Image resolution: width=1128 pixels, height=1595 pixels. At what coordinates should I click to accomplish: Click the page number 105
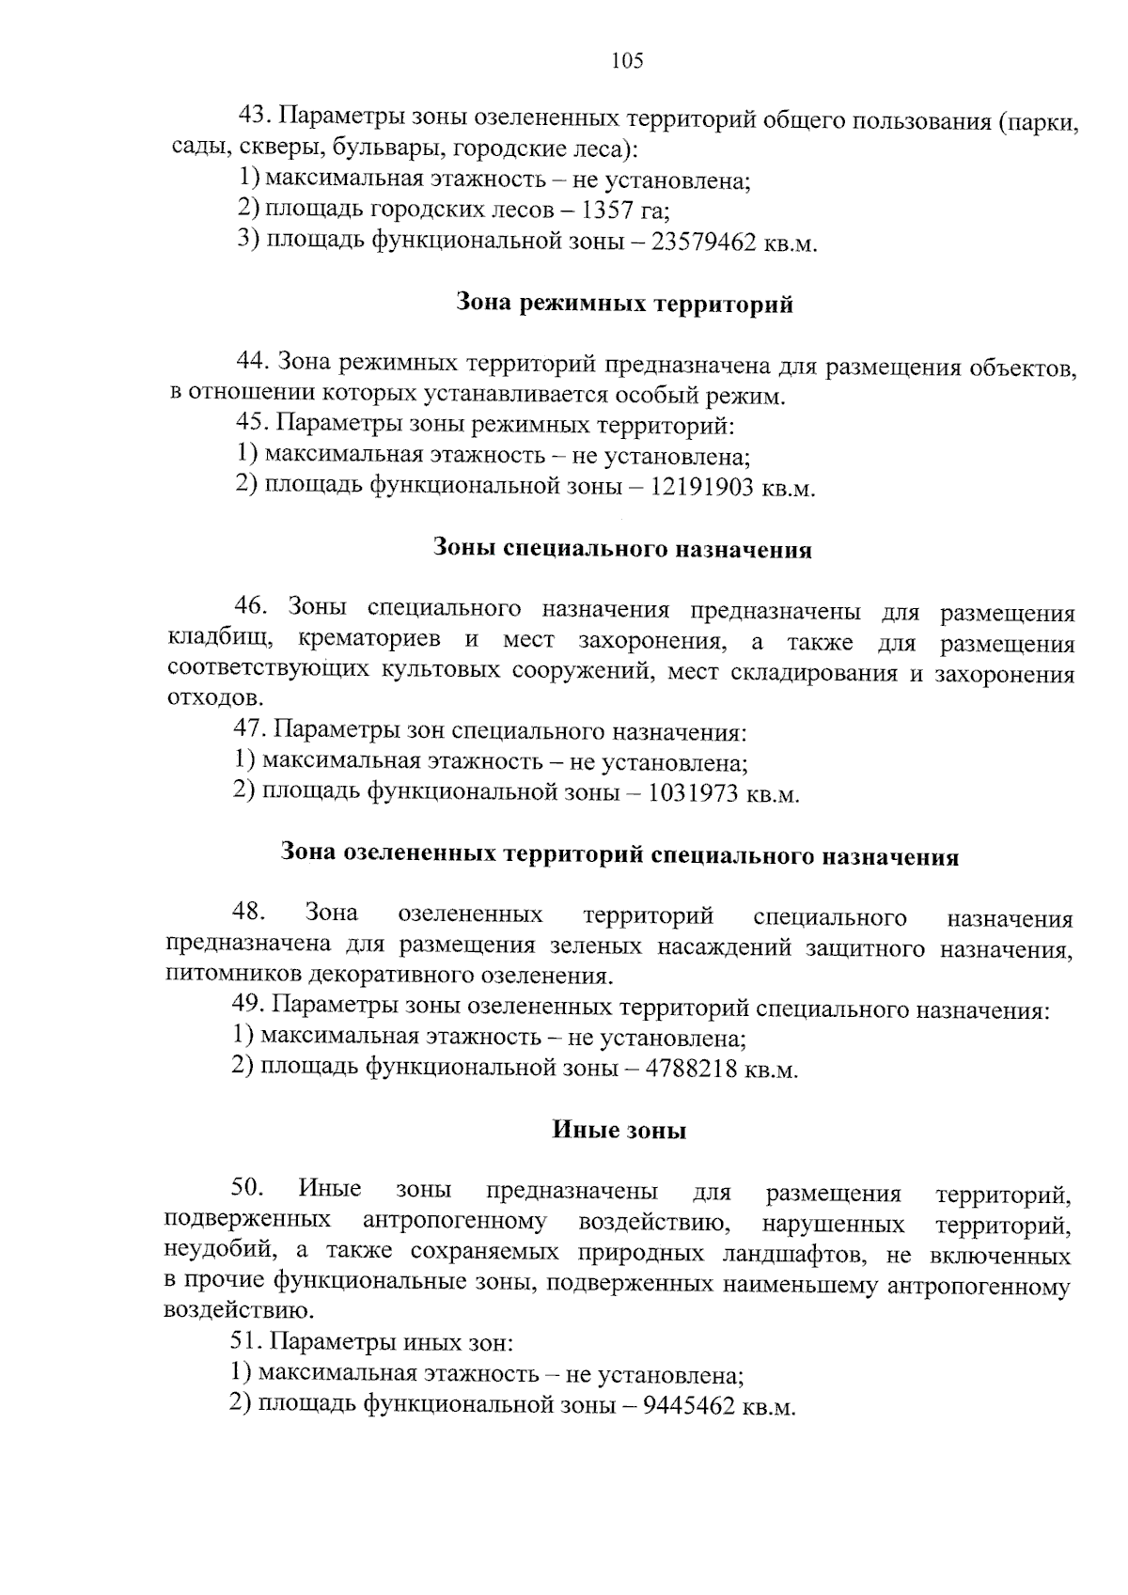(627, 62)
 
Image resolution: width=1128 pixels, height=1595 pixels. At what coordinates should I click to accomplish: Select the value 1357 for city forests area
(608, 211)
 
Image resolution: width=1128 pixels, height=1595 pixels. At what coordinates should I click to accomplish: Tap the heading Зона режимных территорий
(624, 304)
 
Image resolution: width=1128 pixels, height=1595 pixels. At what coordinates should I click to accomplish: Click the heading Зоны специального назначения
(622, 549)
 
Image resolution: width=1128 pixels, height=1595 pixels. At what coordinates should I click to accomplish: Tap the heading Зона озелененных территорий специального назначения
(619, 856)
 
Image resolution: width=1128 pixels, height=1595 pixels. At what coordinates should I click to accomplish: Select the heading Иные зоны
(619, 1131)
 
